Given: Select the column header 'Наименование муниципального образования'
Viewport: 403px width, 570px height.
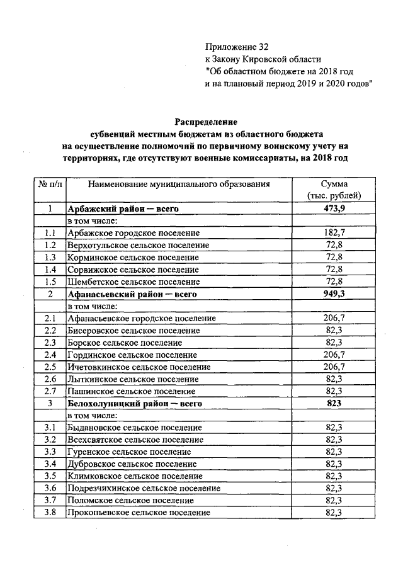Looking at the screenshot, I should [x=179, y=185].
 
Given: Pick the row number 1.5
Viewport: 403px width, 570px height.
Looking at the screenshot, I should [x=50, y=282].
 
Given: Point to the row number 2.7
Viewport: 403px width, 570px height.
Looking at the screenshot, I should [x=50, y=391].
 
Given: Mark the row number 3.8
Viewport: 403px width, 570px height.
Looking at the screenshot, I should [x=50, y=513].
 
